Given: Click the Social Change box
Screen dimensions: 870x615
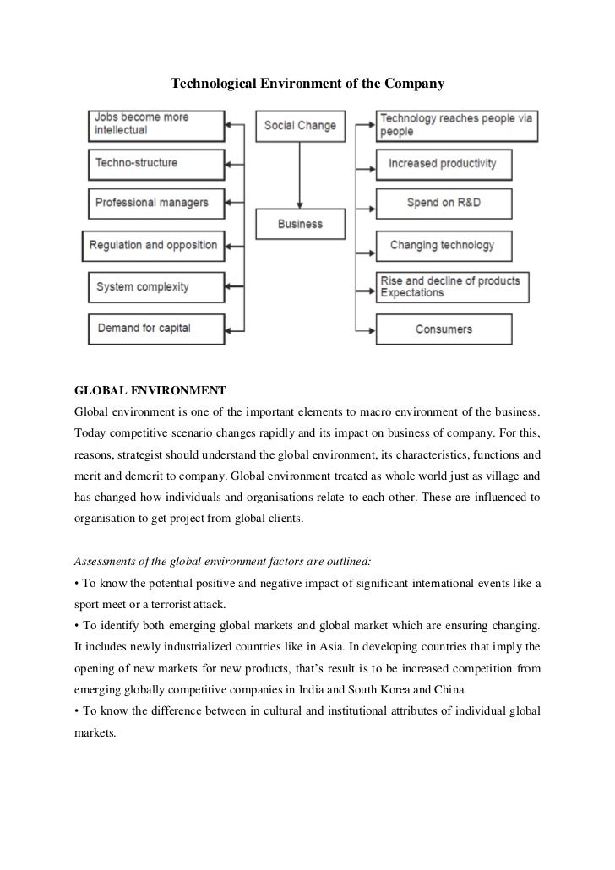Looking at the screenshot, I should pyautogui.click(x=299, y=126).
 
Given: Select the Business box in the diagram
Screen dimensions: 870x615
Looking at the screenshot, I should pyautogui.click(x=299, y=224).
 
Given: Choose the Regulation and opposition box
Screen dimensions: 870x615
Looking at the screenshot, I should pyautogui.click(x=152, y=246).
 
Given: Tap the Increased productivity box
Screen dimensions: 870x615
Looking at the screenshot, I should pyautogui.click(x=443, y=163).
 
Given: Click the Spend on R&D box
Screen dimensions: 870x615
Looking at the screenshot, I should pyautogui.click(x=443, y=204).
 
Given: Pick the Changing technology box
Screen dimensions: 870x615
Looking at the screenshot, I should pyautogui.click(x=443, y=246).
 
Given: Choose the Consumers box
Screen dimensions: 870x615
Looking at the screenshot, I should pyautogui.click(x=443, y=329).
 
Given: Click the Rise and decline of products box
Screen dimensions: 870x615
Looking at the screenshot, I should pyautogui.click(x=451, y=286).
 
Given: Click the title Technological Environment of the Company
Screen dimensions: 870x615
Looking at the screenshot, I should pyautogui.click(x=307, y=84).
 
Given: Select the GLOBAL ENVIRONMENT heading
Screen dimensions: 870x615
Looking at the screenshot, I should pyautogui.click(x=150, y=392).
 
